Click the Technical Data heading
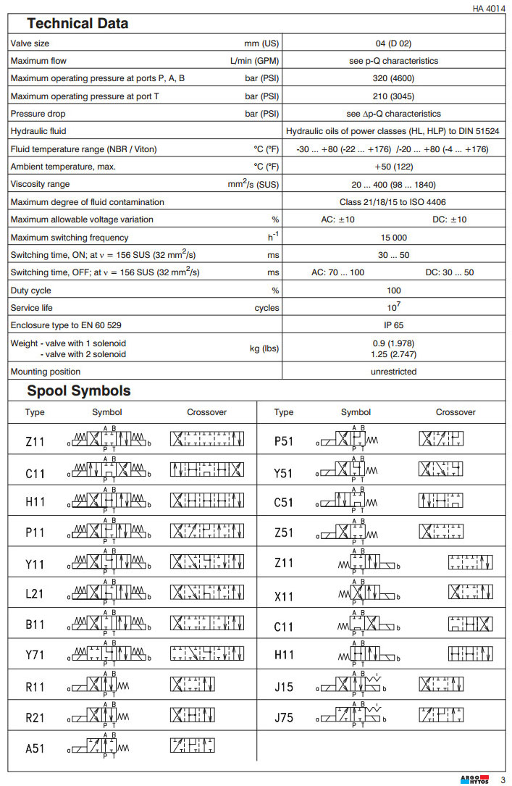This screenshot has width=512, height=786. (x=77, y=23)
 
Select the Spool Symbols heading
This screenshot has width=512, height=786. (x=79, y=391)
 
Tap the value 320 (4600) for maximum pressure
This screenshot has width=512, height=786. (x=394, y=78)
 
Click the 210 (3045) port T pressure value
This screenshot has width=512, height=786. (x=394, y=96)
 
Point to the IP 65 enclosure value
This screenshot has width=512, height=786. (x=394, y=325)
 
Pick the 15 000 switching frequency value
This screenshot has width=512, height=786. (x=394, y=238)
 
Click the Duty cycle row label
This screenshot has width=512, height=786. (x=30, y=290)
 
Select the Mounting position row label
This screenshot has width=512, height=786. (x=46, y=372)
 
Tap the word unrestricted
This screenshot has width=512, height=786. (x=394, y=372)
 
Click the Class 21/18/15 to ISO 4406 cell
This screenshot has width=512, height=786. (x=394, y=202)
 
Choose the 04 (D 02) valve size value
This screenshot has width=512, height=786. (x=394, y=43)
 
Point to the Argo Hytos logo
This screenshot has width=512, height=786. (x=474, y=779)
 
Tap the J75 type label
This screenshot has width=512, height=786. (x=284, y=718)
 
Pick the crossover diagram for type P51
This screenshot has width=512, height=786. (x=441, y=440)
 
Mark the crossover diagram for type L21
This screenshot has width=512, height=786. (x=206, y=593)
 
